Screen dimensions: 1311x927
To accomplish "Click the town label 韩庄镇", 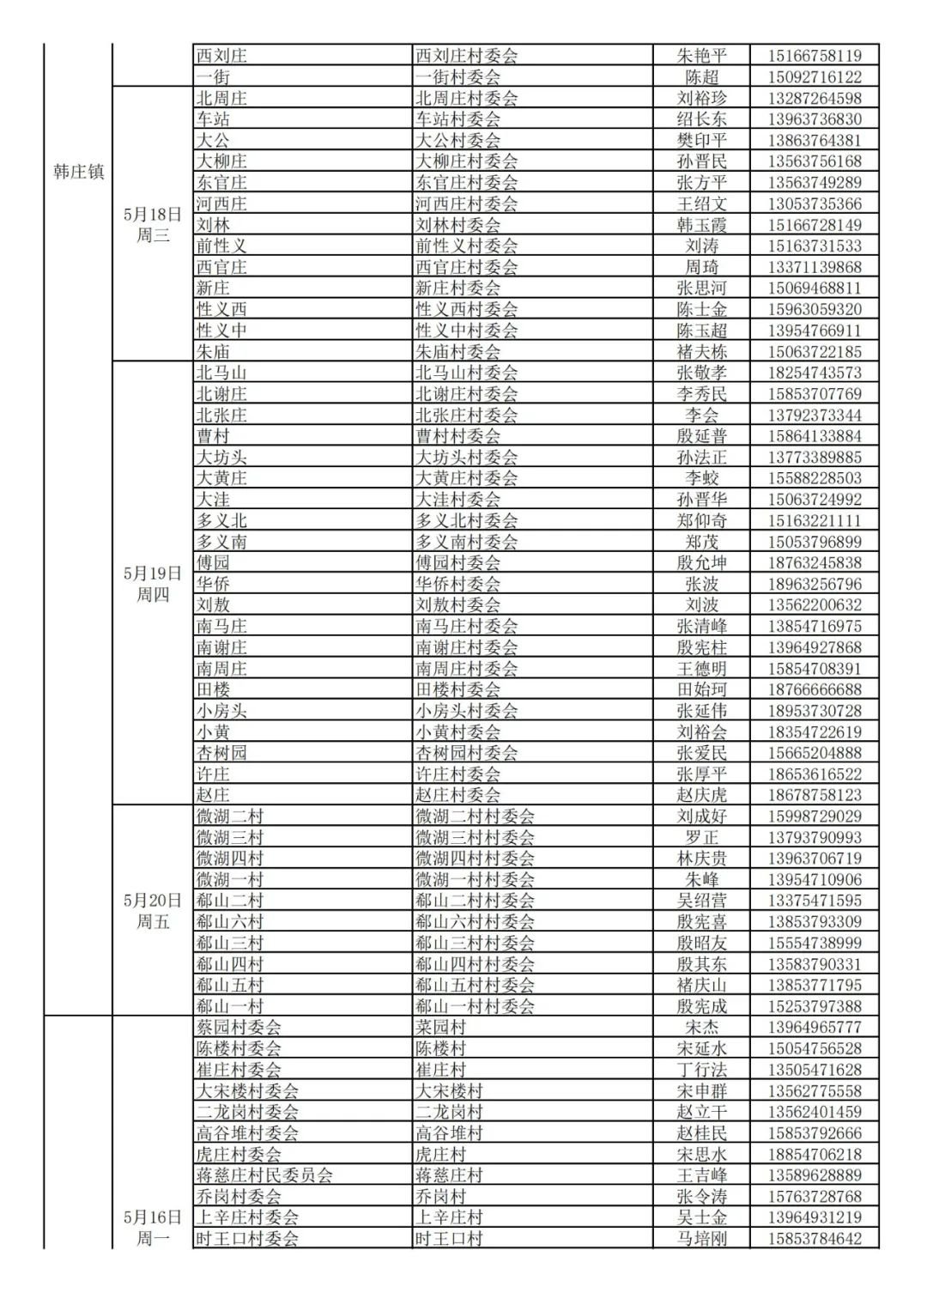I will [78, 172].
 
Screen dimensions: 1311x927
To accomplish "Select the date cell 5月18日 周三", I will [153, 224].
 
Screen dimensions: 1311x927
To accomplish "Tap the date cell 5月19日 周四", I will [153, 584].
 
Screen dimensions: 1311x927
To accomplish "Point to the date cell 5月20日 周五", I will [153, 911].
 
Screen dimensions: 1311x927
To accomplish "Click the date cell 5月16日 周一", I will [153, 1228].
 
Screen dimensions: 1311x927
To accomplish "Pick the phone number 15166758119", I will [815, 56].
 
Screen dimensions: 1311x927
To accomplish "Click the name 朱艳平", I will [701, 56].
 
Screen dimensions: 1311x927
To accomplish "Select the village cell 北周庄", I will [221, 98].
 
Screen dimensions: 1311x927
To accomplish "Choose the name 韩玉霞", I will [701, 225].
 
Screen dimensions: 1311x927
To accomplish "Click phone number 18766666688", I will [815, 689].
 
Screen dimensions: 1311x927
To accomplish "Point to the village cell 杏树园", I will [221, 753].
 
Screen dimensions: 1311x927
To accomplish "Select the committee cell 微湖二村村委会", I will [475, 816].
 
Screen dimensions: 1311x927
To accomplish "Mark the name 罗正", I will [701, 837].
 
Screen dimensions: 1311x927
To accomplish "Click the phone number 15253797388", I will [815, 1006].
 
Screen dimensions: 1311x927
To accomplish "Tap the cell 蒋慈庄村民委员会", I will [264, 1175].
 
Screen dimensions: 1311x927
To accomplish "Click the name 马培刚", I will [701, 1239].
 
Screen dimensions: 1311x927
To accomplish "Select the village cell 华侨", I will [213, 584].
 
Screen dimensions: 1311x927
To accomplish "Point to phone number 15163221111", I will [815, 520].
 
